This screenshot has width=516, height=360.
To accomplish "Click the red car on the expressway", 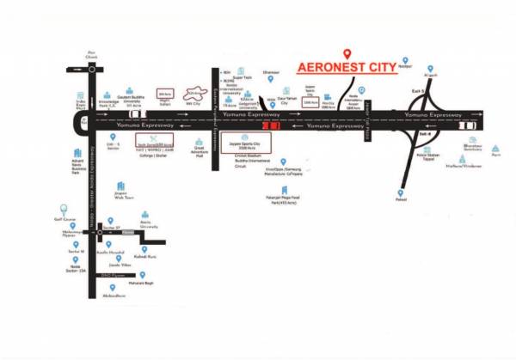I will (272, 125).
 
